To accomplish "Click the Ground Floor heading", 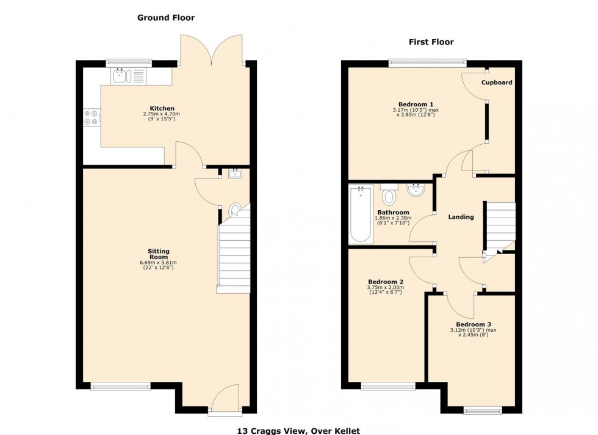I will pyautogui.click(x=165, y=18).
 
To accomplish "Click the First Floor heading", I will pyautogui.click(x=431, y=42).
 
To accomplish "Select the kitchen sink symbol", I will pyautogui.click(x=119, y=76).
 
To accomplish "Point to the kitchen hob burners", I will pyautogui.click(x=91, y=117).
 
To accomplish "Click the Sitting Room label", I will pyautogui.click(x=158, y=254).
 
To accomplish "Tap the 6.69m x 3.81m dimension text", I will pyautogui.click(x=158, y=263).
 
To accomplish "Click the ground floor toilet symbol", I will pyautogui.click(x=234, y=211).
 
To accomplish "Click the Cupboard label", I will pyautogui.click(x=496, y=82).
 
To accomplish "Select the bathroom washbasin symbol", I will pyautogui.click(x=416, y=190).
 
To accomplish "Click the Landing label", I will pyautogui.click(x=461, y=217).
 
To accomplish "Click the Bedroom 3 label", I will pyautogui.click(x=473, y=324).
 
